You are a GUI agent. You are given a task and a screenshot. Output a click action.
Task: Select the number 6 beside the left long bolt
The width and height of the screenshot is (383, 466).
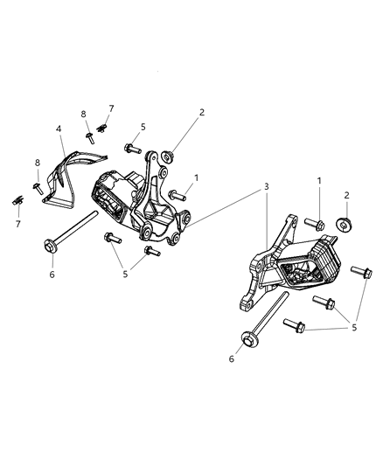(52, 275)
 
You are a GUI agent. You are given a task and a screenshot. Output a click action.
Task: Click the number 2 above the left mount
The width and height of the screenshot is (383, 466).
(201, 112)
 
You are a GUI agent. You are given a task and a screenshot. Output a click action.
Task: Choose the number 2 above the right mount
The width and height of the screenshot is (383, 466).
(346, 195)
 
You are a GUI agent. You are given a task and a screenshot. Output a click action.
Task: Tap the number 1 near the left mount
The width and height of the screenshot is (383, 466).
(196, 177)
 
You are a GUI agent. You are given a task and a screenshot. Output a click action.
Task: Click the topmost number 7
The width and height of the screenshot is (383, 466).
(111, 108)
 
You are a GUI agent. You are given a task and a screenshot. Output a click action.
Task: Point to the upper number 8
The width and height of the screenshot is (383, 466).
(83, 115)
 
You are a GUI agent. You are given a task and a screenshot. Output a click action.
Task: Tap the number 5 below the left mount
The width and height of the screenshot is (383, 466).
(126, 274)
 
